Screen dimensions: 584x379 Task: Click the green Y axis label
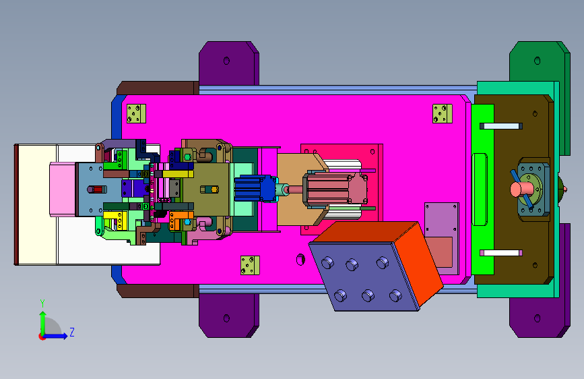(x=42, y=303)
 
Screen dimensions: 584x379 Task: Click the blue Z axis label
(x=72, y=332)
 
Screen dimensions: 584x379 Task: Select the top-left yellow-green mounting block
(x=136, y=113)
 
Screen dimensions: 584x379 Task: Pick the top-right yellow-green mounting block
(x=442, y=113)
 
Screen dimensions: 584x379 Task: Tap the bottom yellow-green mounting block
(x=250, y=265)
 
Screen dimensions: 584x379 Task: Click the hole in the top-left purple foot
(x=226, y=61)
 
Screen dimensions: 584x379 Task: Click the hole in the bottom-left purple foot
(x=226, y=318)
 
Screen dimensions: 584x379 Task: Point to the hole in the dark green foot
(x=537, y=61)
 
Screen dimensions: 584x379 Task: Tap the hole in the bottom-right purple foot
(x=537, y=318)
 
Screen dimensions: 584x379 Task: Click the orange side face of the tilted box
(x=418, y=263)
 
